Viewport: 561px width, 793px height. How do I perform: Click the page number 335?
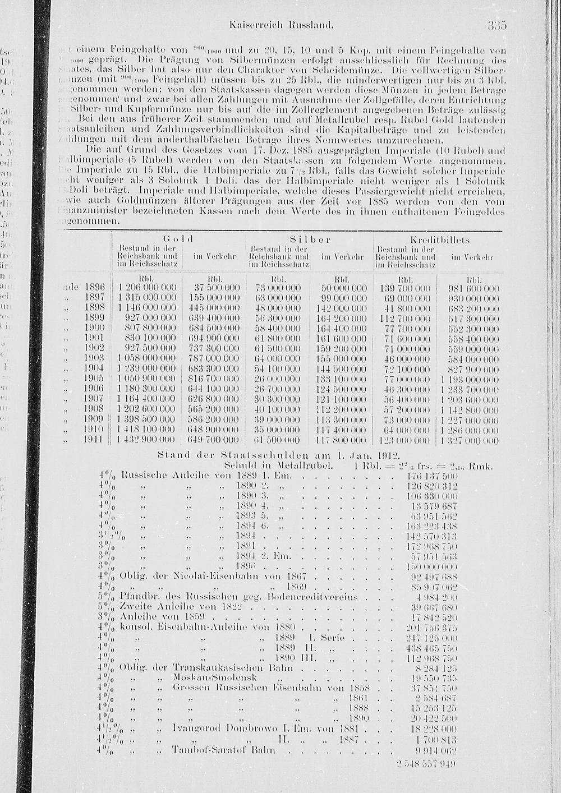(x=497, y=25)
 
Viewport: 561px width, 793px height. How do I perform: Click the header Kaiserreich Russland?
(x=282, y=25)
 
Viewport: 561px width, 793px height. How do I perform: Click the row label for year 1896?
(x=93, y=288)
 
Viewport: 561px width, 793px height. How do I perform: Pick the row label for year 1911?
(x=93, y=440)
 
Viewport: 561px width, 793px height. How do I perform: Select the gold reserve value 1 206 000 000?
(x=147, y=288)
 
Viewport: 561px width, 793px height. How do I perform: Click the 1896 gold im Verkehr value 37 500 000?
(x=213, y=288)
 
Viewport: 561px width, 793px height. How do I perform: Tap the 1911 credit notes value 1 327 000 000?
(x=469, y=440)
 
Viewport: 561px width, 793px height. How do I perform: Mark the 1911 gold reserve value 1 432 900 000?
(x=147, y=440)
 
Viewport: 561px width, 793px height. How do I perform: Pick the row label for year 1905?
(x=93, y=379)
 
